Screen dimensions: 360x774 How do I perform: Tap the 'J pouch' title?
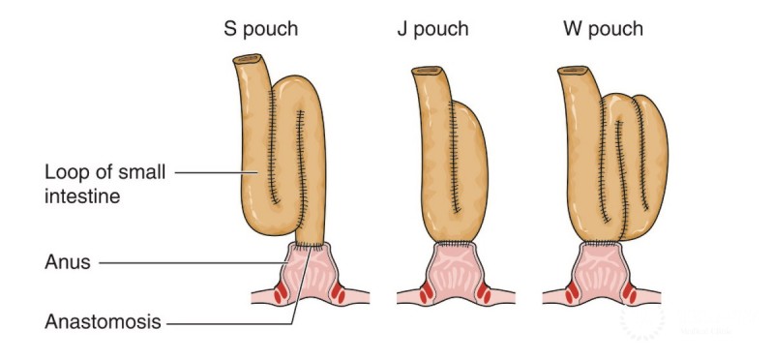(432, 28)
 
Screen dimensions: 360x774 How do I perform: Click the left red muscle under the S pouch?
(280, 291)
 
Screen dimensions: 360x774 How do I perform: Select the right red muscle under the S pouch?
(339, 290)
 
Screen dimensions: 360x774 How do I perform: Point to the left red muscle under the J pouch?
(426, 291)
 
